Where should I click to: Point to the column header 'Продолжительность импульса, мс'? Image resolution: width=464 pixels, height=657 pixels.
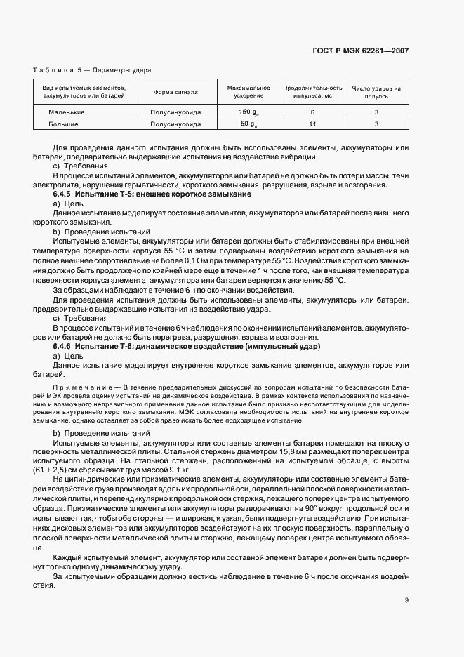(x=312, y=92)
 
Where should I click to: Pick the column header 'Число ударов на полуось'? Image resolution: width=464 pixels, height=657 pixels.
(x=376, y=92)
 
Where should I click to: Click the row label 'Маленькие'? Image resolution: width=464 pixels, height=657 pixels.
(x=67, y=112)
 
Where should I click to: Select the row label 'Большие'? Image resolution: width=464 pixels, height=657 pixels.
(x=63, y=124)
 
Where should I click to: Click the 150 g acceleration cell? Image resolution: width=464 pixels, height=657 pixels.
(x=248, y=112)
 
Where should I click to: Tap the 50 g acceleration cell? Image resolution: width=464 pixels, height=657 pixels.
(x=248, y=124)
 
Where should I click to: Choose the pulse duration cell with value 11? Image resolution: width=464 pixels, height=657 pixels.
(x=312, y=124)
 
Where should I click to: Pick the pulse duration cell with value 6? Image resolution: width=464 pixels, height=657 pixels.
(x=312, y=112)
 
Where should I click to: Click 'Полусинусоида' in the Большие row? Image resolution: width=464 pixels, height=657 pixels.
(x=175, y=124)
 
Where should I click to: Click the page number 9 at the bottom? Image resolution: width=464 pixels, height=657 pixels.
(x=406, y=599)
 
